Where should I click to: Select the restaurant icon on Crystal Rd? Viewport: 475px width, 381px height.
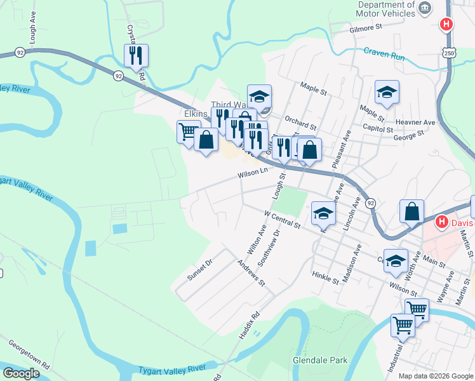click(x=136, y=56)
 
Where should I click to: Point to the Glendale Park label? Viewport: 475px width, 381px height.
click(x=320, y=360)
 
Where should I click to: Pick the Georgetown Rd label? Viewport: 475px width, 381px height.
click(x=29, y=354)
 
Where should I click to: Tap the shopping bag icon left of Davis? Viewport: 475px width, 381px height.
click(x=412, y=211)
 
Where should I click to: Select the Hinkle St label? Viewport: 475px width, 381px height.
click(x=326, y=275)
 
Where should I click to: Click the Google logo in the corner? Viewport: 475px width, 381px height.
click(x=22, y=373)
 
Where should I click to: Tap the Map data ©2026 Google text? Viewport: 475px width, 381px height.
click(x=435, y=376)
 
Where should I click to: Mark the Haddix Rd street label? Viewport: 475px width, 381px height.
click(x=248, y=324)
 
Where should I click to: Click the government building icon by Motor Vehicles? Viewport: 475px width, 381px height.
click(x=425, y=8)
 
